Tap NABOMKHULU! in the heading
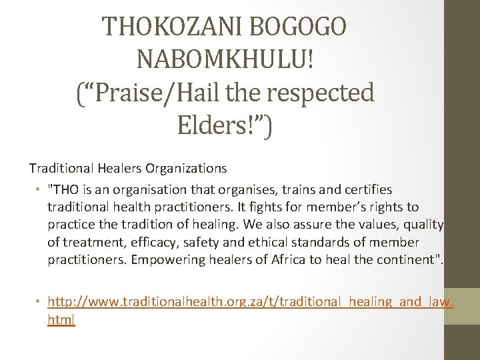225,60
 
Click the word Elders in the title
214,125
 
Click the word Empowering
164,259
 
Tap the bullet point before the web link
40,302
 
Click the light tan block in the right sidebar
461,306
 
